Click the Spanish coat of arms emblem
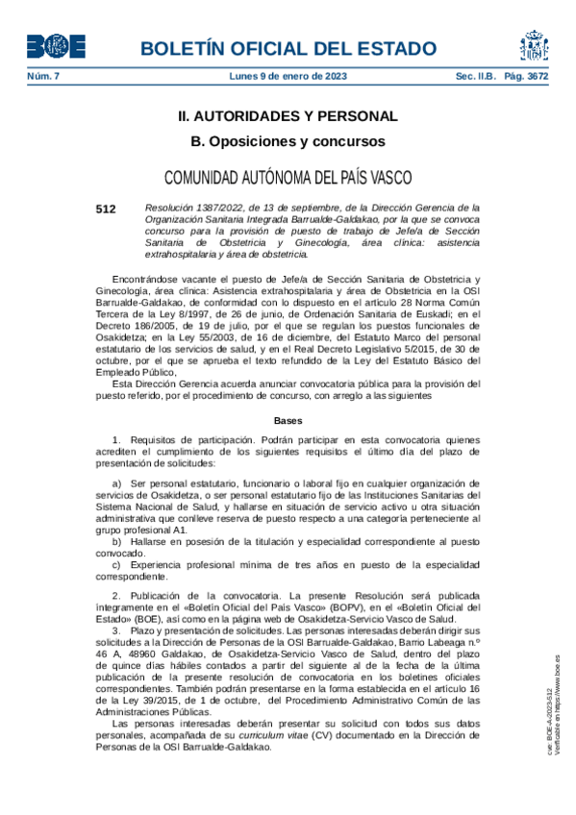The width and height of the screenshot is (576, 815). click(535, 45)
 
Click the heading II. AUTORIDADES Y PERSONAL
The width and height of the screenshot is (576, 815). click(288, 116)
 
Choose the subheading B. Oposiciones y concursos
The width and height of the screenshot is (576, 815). click(288, 141)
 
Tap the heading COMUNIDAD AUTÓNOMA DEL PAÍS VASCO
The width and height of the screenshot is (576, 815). click(288, 178)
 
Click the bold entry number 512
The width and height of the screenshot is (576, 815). click(106, 208)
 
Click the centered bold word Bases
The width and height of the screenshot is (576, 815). click(288, 421)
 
